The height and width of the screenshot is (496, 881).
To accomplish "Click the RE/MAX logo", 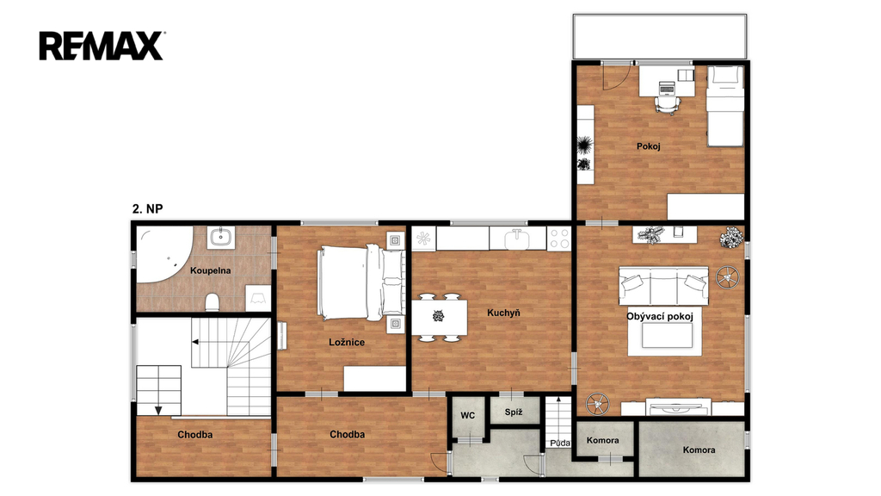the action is coord(102,46).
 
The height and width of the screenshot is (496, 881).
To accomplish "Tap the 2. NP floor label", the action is coord(147,208).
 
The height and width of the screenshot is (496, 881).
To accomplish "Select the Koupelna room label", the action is coord(210,270).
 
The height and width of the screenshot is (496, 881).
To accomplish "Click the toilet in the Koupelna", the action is coord(212,302).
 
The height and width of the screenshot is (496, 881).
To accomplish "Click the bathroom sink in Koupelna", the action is coord(221,237).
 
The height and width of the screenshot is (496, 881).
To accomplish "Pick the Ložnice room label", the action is coord(347,342).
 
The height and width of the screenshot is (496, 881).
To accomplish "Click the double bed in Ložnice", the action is coord(360,282).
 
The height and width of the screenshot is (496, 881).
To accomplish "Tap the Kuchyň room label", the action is coord(503,313).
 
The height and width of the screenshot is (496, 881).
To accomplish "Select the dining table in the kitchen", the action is coord(440,317).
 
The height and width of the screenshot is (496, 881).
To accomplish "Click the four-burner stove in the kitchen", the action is coord(559,239).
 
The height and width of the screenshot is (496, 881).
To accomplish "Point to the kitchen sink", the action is coord(517,239).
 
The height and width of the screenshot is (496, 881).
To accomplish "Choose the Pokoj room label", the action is coord(649,146).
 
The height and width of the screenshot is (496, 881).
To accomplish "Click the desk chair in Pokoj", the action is coord(667,104).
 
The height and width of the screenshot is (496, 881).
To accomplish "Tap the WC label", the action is coord(467,416).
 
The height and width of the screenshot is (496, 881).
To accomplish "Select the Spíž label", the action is coord(514,412).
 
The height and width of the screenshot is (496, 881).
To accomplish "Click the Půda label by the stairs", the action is coord(560,443).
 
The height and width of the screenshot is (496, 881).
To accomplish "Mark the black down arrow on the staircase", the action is coord(158,410).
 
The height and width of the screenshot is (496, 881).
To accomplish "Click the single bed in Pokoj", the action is coord(724,106).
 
